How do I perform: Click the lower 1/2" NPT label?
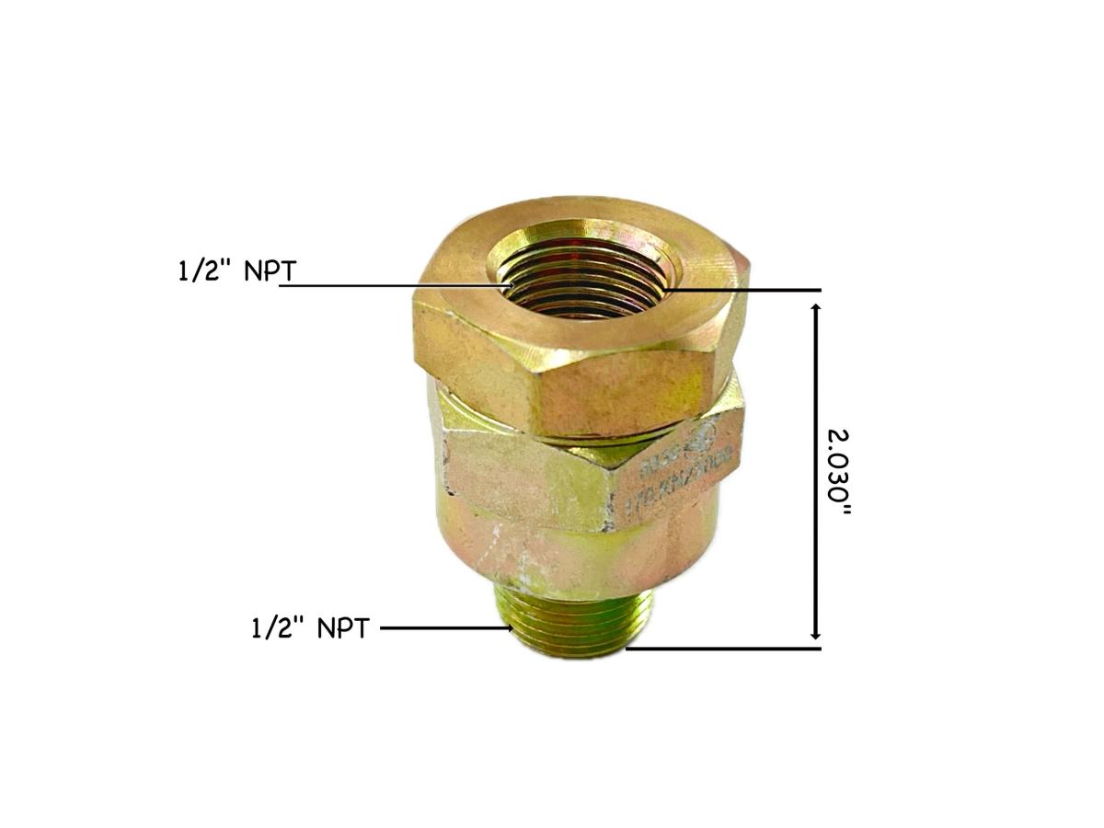(310, 629)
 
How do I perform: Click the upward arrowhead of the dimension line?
(815, 307)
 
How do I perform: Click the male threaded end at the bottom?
(575, 626)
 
